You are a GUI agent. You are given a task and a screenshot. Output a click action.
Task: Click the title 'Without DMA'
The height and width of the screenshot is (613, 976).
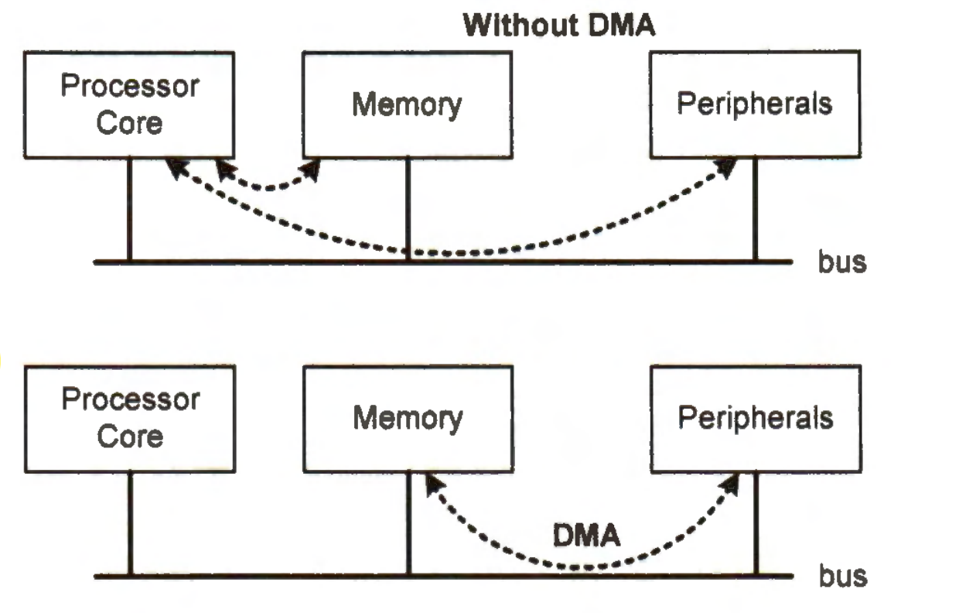coord(558,26)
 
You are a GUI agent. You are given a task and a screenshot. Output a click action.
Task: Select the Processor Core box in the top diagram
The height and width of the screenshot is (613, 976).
coord(129,104)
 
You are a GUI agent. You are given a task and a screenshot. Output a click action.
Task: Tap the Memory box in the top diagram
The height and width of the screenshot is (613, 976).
coord(406,104)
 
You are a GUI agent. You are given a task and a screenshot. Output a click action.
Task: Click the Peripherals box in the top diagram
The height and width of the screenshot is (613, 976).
coord(754,104)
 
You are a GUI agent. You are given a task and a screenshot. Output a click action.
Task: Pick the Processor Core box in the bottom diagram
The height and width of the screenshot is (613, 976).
coord(129,419)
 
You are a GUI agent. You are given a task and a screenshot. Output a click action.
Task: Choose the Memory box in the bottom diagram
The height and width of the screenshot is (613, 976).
coord(406,419)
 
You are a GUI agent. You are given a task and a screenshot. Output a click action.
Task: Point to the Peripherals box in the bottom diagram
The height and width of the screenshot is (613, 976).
coord(754,419)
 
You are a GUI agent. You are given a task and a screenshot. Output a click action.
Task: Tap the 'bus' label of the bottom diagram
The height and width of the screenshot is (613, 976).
coord(842,576)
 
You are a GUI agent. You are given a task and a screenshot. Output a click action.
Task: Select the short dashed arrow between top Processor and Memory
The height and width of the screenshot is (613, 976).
coord(267,184)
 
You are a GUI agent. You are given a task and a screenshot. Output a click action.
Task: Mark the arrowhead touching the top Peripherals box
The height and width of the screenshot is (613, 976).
coord(728,167)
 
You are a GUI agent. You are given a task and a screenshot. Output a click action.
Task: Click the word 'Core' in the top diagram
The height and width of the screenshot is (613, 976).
coord(129,122)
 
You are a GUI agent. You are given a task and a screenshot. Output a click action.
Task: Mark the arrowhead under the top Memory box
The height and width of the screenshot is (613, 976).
coord(311,169)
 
